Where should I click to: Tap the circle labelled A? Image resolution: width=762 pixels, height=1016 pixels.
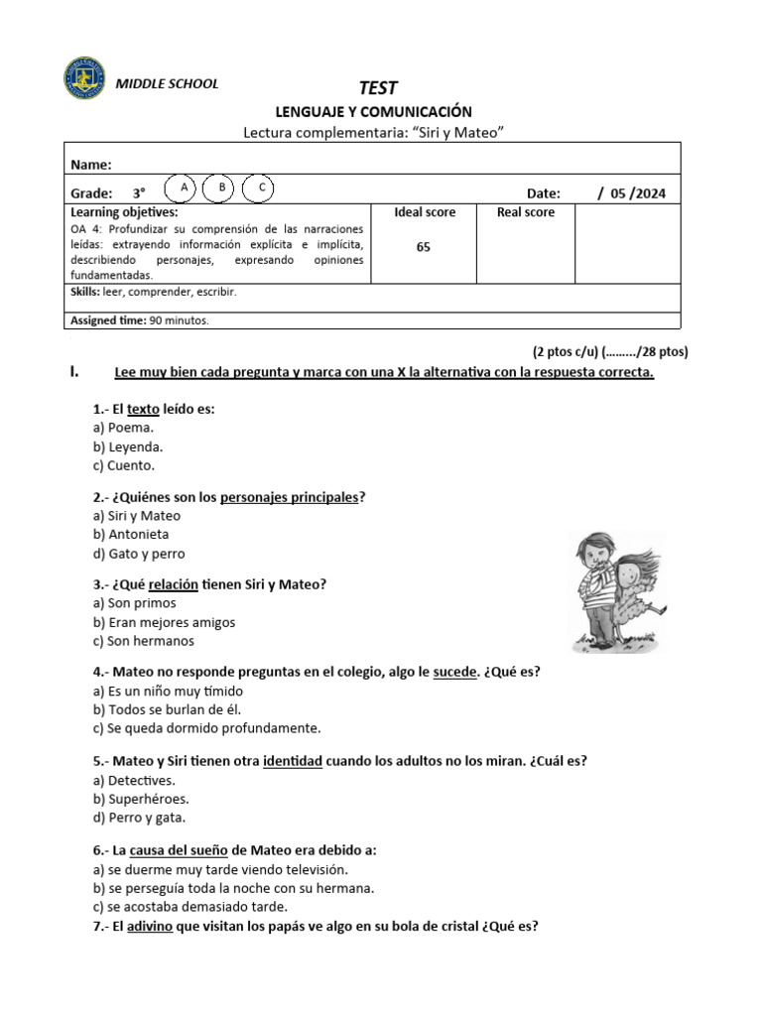tap(185, 188)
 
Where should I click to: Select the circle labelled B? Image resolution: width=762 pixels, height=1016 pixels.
tap(222, 188)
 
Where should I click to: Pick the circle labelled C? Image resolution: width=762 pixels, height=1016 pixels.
tap(260, 188)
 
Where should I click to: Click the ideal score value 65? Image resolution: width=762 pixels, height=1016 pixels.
tap(424, 248)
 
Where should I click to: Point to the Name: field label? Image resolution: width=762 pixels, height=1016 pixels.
tap(91, 165)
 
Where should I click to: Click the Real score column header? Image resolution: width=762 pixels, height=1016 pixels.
tap(526, 212)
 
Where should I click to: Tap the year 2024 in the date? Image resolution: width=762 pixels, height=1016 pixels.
tap(648, 193)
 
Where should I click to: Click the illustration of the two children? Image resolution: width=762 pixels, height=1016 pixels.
tap(615, 592)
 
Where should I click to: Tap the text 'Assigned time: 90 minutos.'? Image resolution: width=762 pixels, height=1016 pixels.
tap(140, 320)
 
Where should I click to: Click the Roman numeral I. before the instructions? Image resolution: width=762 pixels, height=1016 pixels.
tap(74, 372)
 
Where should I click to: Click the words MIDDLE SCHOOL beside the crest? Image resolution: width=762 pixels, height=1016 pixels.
tap(168, 84)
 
